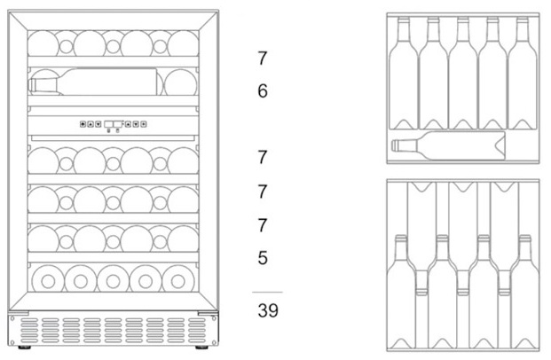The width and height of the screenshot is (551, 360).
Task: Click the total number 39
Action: pyautogui.click(x=267, y=311)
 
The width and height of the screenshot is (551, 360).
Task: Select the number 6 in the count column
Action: pyautogui.click(x=262, y=90)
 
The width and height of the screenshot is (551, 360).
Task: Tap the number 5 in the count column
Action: pyautogui.click(x=262, y=258)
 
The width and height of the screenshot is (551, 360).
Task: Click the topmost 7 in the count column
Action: pyautogui.click(x=262, y=59)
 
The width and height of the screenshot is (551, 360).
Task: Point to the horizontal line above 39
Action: pyautogui.click(x=267, y=292)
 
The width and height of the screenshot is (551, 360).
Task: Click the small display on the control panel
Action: pyautogui.click(x=113, y=124)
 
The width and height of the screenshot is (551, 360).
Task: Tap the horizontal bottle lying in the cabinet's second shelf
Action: pyautogui.click(x=98, y=84)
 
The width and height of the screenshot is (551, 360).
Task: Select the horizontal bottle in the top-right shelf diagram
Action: pyautogui.click(x=448, y=146)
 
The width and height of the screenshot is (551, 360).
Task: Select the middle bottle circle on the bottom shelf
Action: pyautogui.click(x=113, y=280)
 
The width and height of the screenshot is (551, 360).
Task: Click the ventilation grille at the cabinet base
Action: pyautogui.click(x=113, y=333)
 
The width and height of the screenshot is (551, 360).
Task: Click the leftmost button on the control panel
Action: pyautogui.click(x=82, y=124)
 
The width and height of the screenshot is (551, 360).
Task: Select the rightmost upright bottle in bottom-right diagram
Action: pyautogui.click(x=524, y=293)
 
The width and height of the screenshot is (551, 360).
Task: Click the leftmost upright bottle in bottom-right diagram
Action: pyautogui.click(x=402, y=293)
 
